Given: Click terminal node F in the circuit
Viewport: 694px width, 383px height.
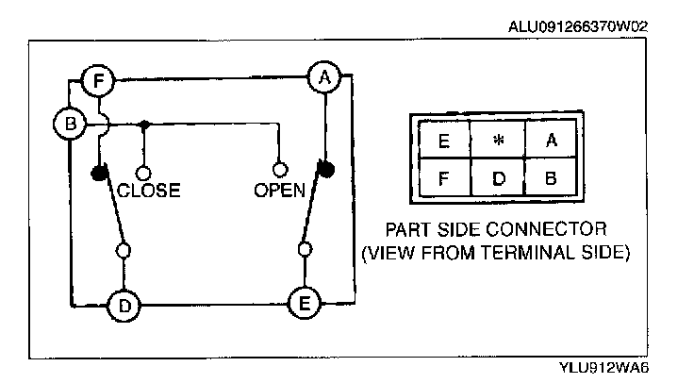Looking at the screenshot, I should click(97, 80).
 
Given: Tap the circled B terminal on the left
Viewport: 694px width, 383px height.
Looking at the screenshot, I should click(70, 124).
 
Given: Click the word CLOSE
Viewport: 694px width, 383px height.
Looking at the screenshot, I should click(148, 191).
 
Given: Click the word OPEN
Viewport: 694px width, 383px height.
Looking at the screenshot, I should click(279, 191).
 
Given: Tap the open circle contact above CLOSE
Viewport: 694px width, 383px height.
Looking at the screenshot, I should click(143, 173).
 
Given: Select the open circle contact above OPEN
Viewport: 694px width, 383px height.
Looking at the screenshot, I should click(279, 170).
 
